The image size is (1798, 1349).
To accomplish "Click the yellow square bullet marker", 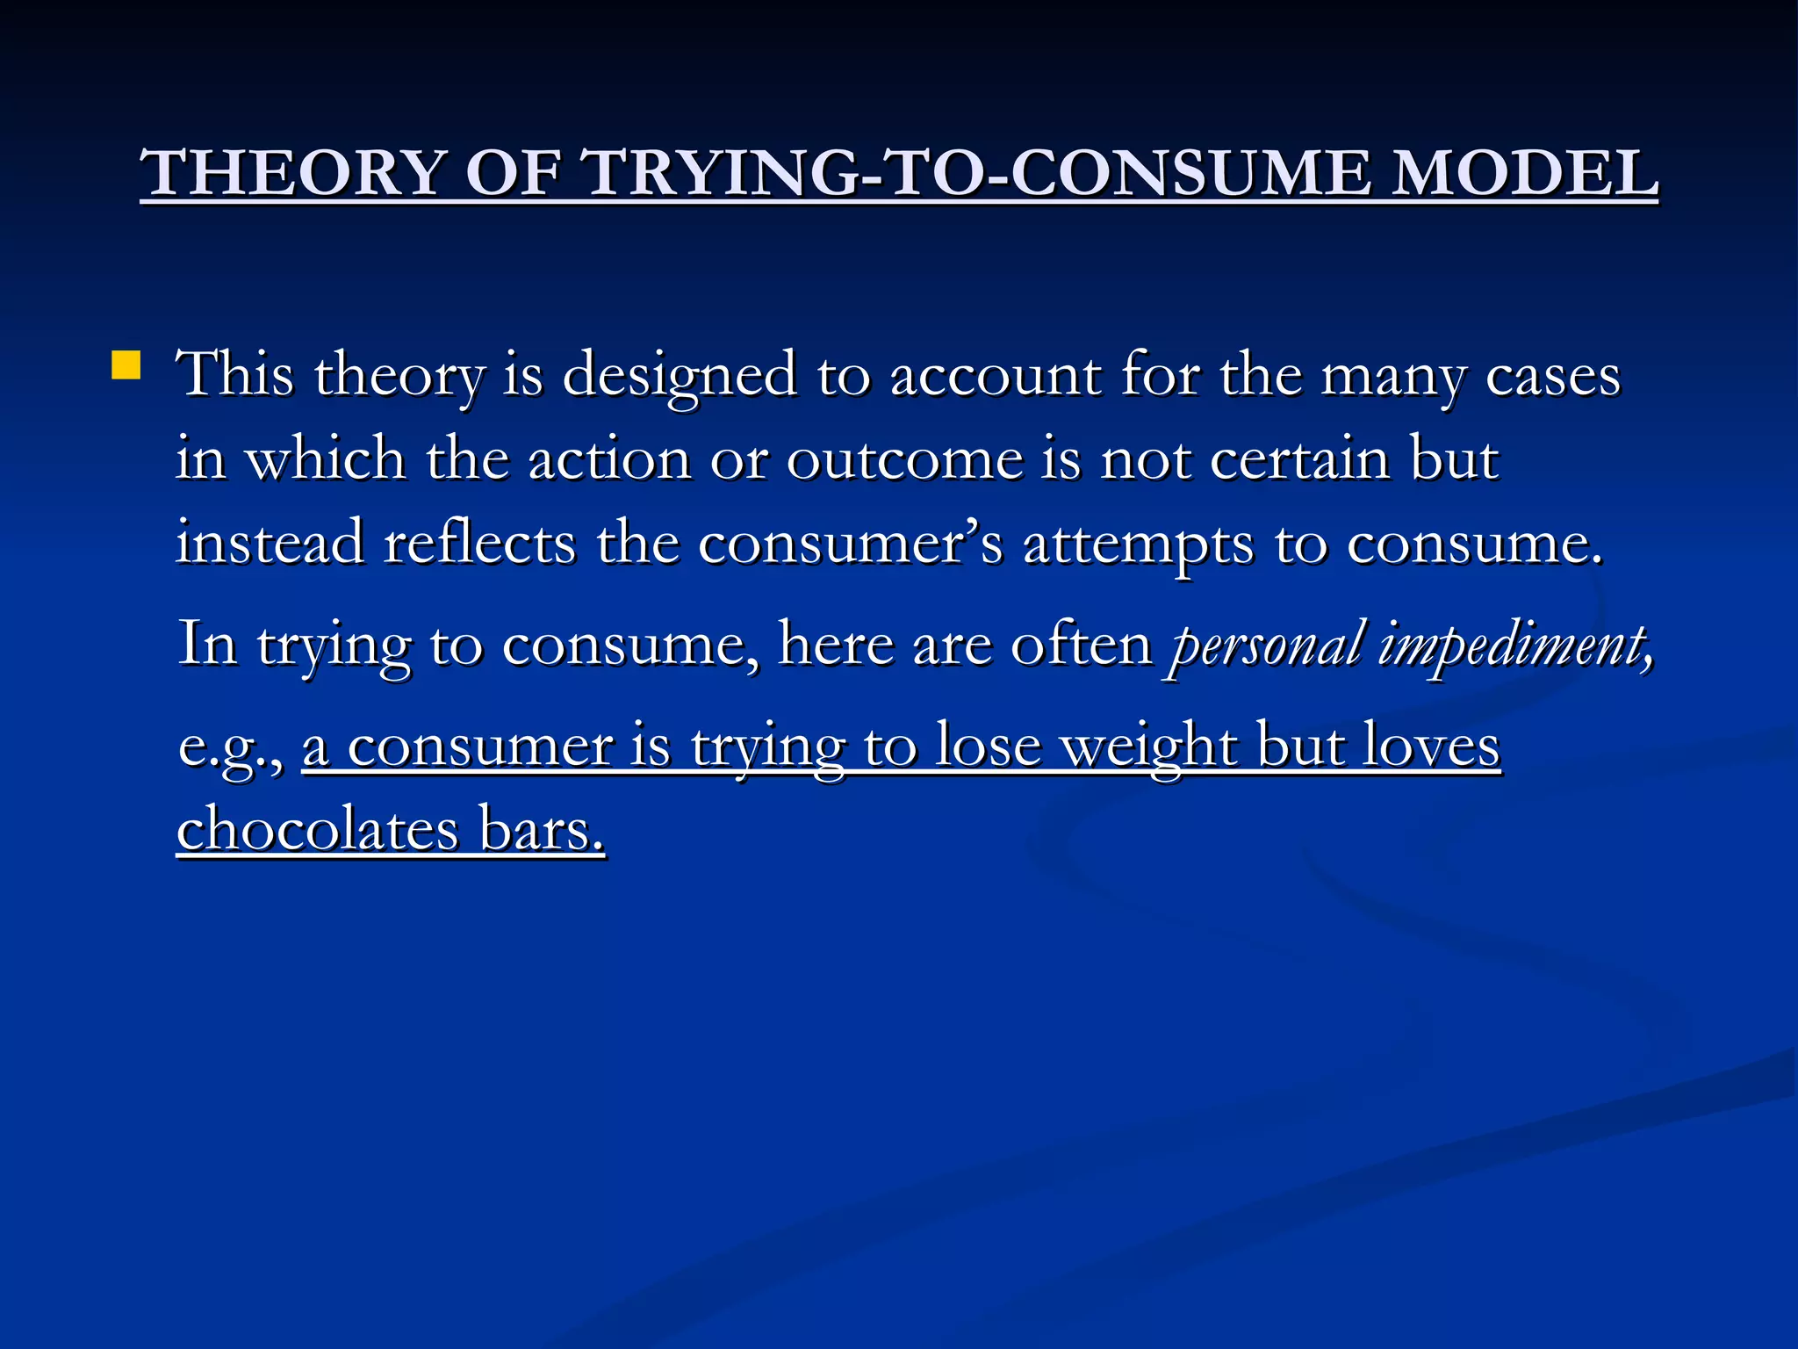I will (126, 365).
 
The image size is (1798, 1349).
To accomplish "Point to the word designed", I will (680, 376).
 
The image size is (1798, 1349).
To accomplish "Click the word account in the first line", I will (995, 376).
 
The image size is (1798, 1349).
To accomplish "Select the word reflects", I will (479, 543).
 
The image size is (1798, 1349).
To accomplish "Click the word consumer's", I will (850, 543).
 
